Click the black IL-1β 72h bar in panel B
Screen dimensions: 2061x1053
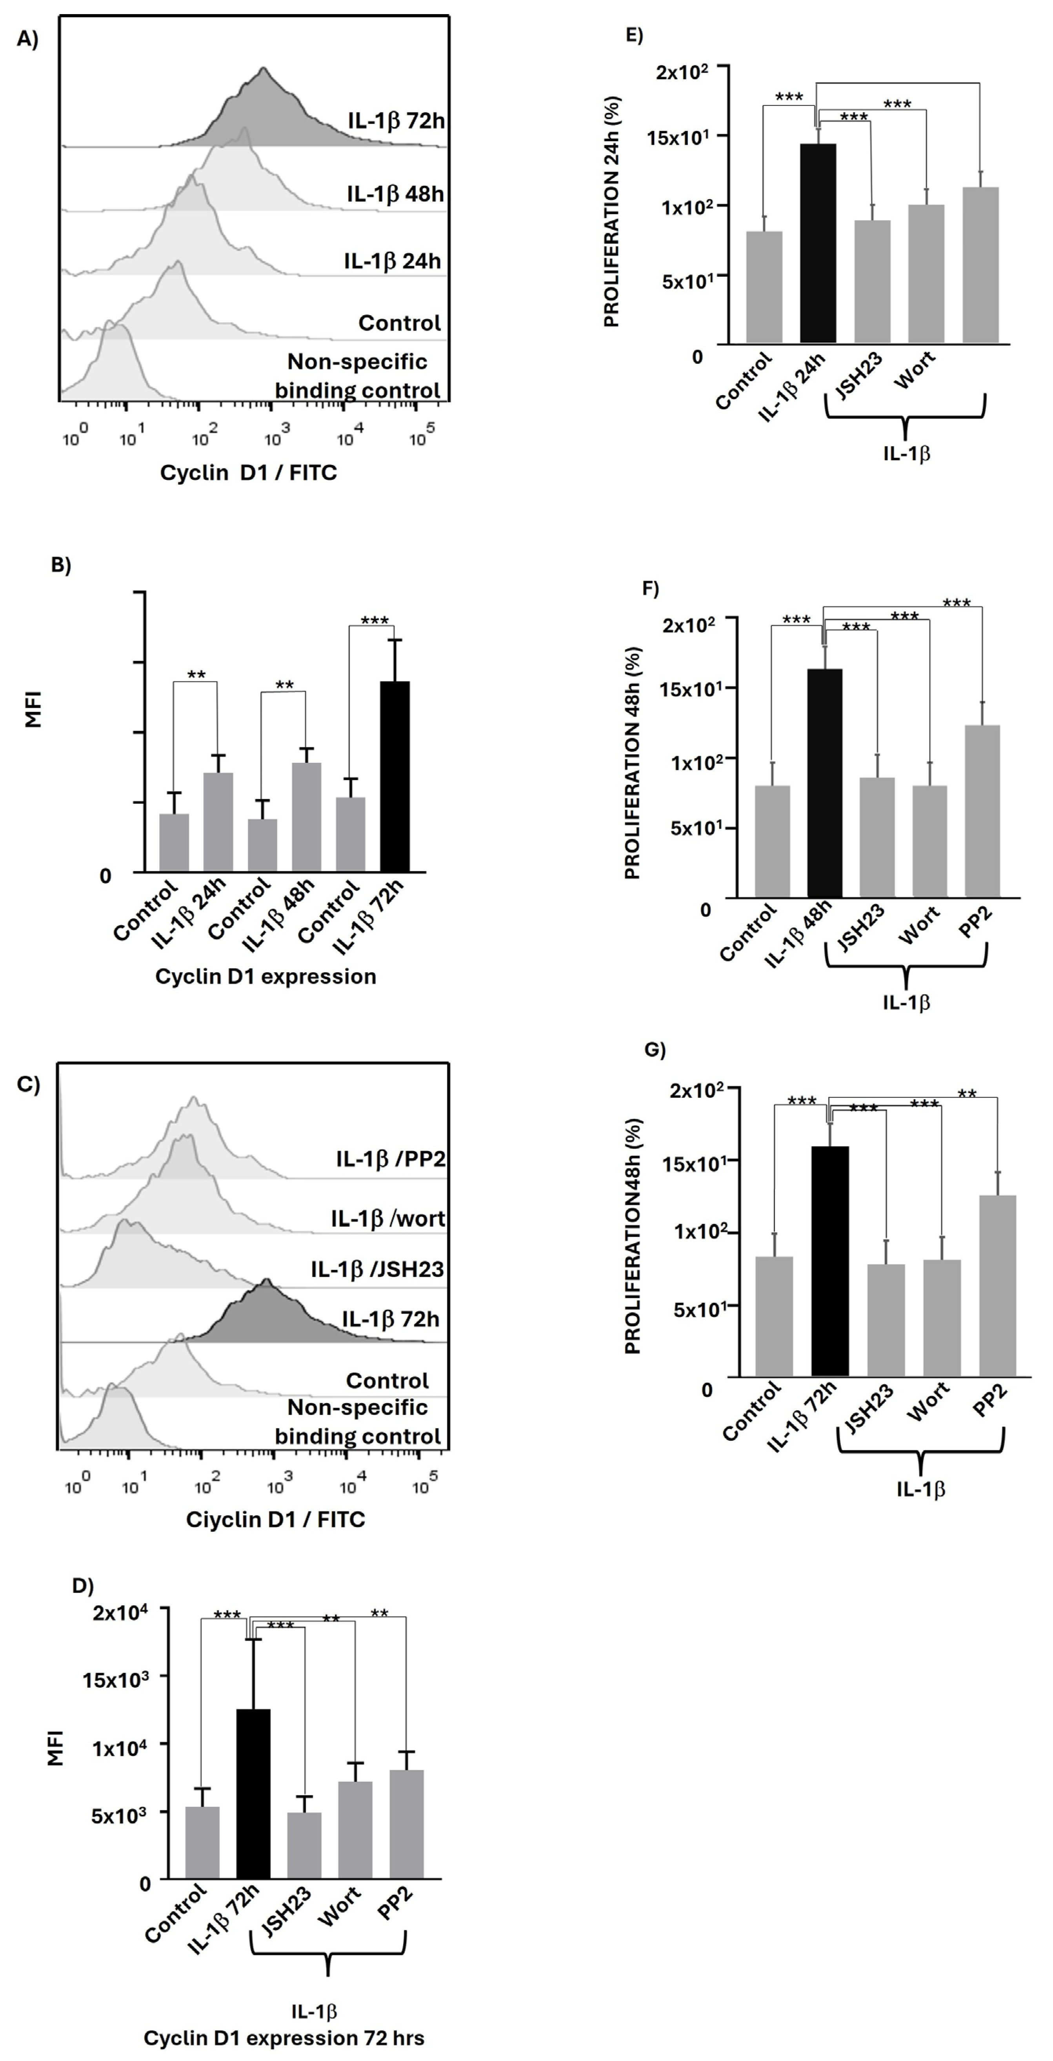pos(395,776)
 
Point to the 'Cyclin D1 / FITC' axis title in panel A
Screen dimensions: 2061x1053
pos(249,473)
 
